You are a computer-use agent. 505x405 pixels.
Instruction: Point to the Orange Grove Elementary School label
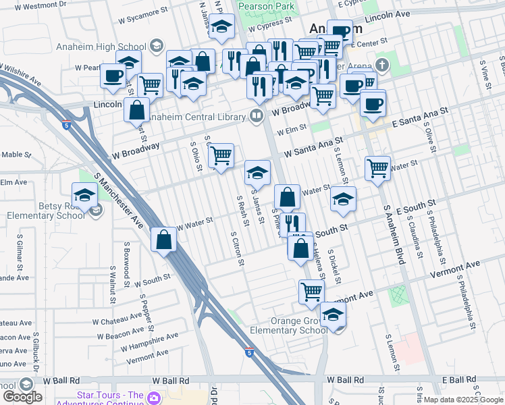pos(289,325)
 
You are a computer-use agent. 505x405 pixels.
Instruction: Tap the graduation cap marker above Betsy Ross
pos(85,195)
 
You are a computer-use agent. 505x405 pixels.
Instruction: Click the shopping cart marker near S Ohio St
pos(221,156)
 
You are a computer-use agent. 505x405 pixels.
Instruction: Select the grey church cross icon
pos(383,65)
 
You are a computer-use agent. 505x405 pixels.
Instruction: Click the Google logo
pos(22,397)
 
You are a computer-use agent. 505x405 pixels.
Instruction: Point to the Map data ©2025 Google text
pos(462,400)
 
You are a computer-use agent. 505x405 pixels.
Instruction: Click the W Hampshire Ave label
pos(150,342)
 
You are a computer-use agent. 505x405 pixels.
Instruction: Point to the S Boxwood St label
pos(126,267)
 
